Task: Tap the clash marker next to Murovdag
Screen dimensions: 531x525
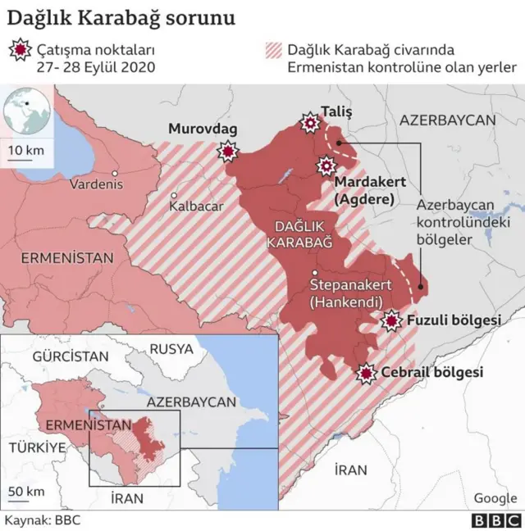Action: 227,152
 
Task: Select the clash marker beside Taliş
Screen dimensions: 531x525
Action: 310,123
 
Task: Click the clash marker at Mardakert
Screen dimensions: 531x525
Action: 326,166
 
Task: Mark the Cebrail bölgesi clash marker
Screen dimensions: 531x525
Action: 366,372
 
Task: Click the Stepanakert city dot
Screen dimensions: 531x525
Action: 315,272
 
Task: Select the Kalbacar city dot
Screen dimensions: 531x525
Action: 175,195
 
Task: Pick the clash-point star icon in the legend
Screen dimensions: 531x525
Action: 21,51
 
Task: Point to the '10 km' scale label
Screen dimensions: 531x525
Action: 25,150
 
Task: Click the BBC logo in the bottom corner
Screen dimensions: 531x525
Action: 495,520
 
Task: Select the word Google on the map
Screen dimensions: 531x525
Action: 495,498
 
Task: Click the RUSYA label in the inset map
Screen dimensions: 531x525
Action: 171,348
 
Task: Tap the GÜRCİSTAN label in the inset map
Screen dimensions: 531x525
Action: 70,356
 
